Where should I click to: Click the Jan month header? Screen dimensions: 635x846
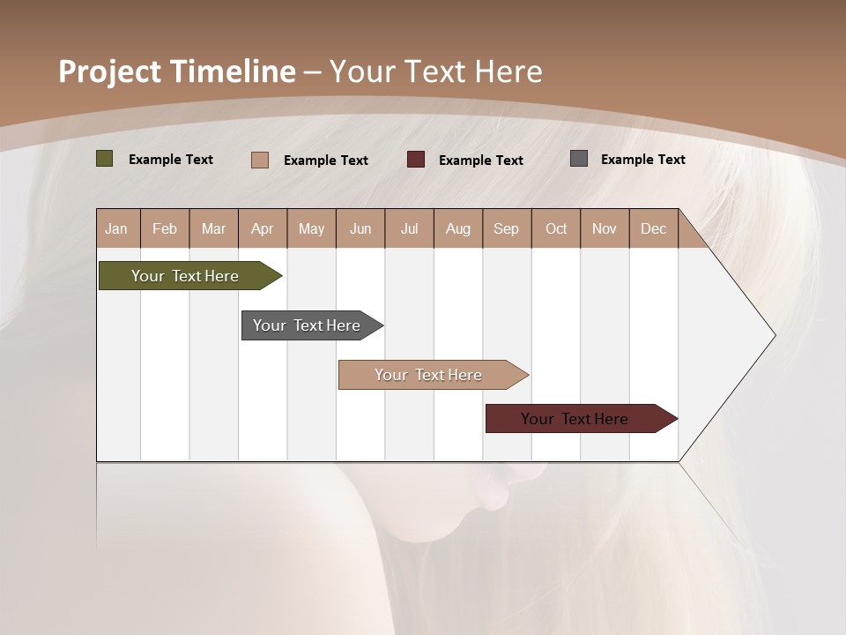117,228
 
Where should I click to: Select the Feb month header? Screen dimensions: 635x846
165,228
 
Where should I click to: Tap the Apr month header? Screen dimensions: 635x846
263,228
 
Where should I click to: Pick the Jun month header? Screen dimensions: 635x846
360,228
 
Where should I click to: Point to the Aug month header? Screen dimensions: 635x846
458,228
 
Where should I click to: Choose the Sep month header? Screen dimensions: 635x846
507,228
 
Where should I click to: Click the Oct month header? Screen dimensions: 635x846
556,228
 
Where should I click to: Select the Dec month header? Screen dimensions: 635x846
654,228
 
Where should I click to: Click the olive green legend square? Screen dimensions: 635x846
105,159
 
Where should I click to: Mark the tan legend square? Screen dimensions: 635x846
260,160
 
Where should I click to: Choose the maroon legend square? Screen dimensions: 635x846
416,159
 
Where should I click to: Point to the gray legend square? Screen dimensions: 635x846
579,159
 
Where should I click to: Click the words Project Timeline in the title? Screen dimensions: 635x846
177,71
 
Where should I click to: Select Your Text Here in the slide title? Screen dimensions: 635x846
435,71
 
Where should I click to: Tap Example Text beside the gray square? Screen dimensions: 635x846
642,160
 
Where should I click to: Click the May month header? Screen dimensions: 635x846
311,228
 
